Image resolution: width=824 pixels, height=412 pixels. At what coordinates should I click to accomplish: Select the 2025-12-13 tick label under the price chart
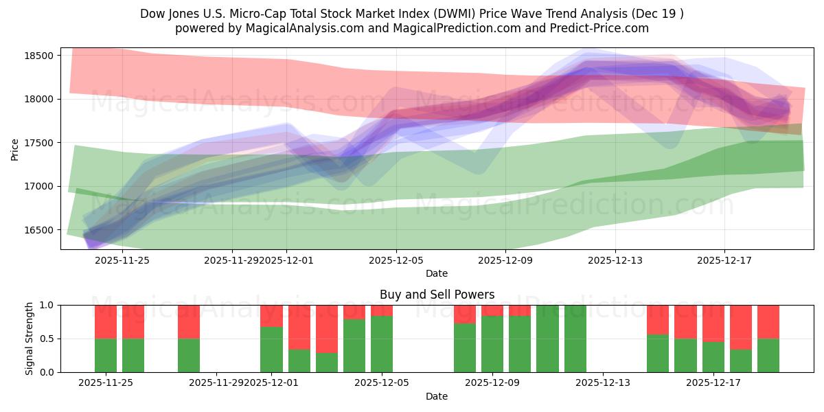point(615,260)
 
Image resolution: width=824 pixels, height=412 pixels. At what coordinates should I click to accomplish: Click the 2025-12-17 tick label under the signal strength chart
point(713,383)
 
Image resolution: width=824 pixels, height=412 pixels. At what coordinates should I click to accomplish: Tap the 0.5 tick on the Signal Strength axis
point(48,339)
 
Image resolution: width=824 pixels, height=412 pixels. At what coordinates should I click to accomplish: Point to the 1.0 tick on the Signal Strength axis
point(48,305)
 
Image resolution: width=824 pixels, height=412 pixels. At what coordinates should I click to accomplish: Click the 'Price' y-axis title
point(15,148)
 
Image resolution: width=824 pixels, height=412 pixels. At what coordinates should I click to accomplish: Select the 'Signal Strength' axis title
point(29,339)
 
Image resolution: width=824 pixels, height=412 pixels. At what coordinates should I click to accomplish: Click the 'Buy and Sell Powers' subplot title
point(437,295)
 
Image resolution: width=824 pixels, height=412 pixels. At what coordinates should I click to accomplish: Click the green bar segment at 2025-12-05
point(382,344)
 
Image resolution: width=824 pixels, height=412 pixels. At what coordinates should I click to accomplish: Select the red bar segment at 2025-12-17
point(713,323)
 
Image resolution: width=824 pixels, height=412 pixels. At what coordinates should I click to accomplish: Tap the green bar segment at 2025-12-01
point(271,350)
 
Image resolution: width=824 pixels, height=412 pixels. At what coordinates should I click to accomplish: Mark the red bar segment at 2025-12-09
point(492,310)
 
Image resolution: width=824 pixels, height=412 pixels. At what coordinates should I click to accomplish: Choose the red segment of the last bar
point(768,321)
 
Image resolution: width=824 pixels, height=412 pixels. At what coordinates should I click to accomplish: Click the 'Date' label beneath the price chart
point(437,273)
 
